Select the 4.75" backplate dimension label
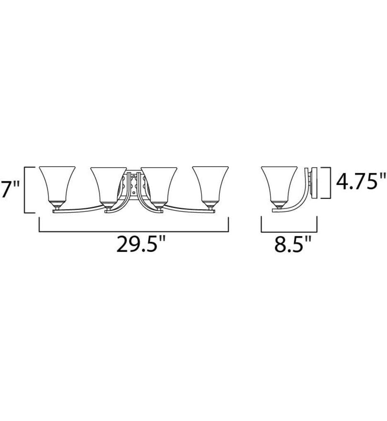[361, 181]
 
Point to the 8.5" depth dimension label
[293, 243]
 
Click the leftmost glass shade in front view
[57, 184]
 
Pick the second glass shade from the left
[108, 185]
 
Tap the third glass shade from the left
[159, 185]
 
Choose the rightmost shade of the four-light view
[210, 184]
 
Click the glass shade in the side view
[279, 184]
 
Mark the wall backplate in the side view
[314, 183]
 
